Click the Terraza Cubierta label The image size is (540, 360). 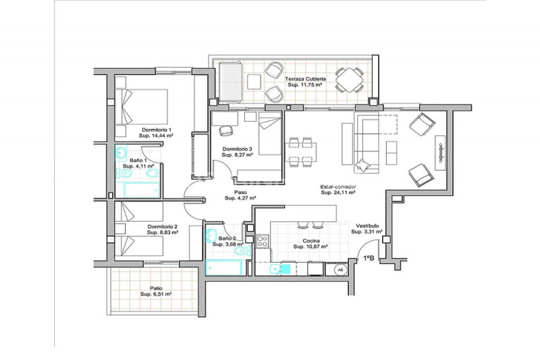pos(305,79)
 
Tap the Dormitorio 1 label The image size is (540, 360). pos(157,130)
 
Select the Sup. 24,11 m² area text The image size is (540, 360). pos(338,192)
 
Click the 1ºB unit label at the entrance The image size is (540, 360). pos(369,258)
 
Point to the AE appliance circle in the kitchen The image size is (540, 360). pos(341,270)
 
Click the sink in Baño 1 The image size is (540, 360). pos(121,153)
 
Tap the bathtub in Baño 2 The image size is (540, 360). pos(223,267)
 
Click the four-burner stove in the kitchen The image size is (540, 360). pos(263,241)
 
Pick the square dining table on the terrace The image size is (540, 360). pos(350,80)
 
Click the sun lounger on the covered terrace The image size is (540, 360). pos(230,82)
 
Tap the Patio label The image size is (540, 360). pos(156,288)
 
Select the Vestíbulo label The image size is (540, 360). pos(367,226)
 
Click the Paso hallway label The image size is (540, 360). pos(240,192)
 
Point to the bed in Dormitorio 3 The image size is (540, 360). pos(270,134)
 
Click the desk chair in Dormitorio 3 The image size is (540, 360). pos(226,131)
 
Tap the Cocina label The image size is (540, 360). pos(311,241)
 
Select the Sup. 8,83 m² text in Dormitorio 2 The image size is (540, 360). pos(163,232)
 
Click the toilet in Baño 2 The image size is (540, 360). pos(243,251)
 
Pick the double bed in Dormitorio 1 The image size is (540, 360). pos(141,107)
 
